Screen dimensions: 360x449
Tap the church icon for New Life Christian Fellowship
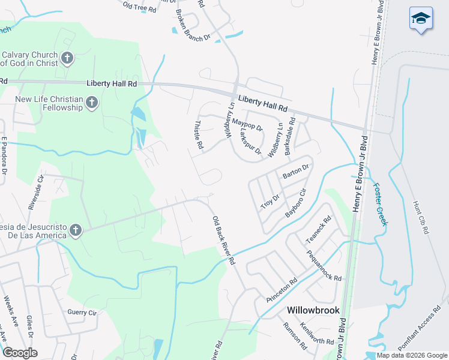92,103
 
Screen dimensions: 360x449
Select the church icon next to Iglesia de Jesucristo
75,230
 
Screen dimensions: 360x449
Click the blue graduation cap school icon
421,20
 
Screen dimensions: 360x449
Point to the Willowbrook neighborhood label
313,310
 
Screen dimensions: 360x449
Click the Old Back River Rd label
223,241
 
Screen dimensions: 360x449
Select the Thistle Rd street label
199,134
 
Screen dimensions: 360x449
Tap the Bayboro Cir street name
296,203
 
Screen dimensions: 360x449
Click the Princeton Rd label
282,290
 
